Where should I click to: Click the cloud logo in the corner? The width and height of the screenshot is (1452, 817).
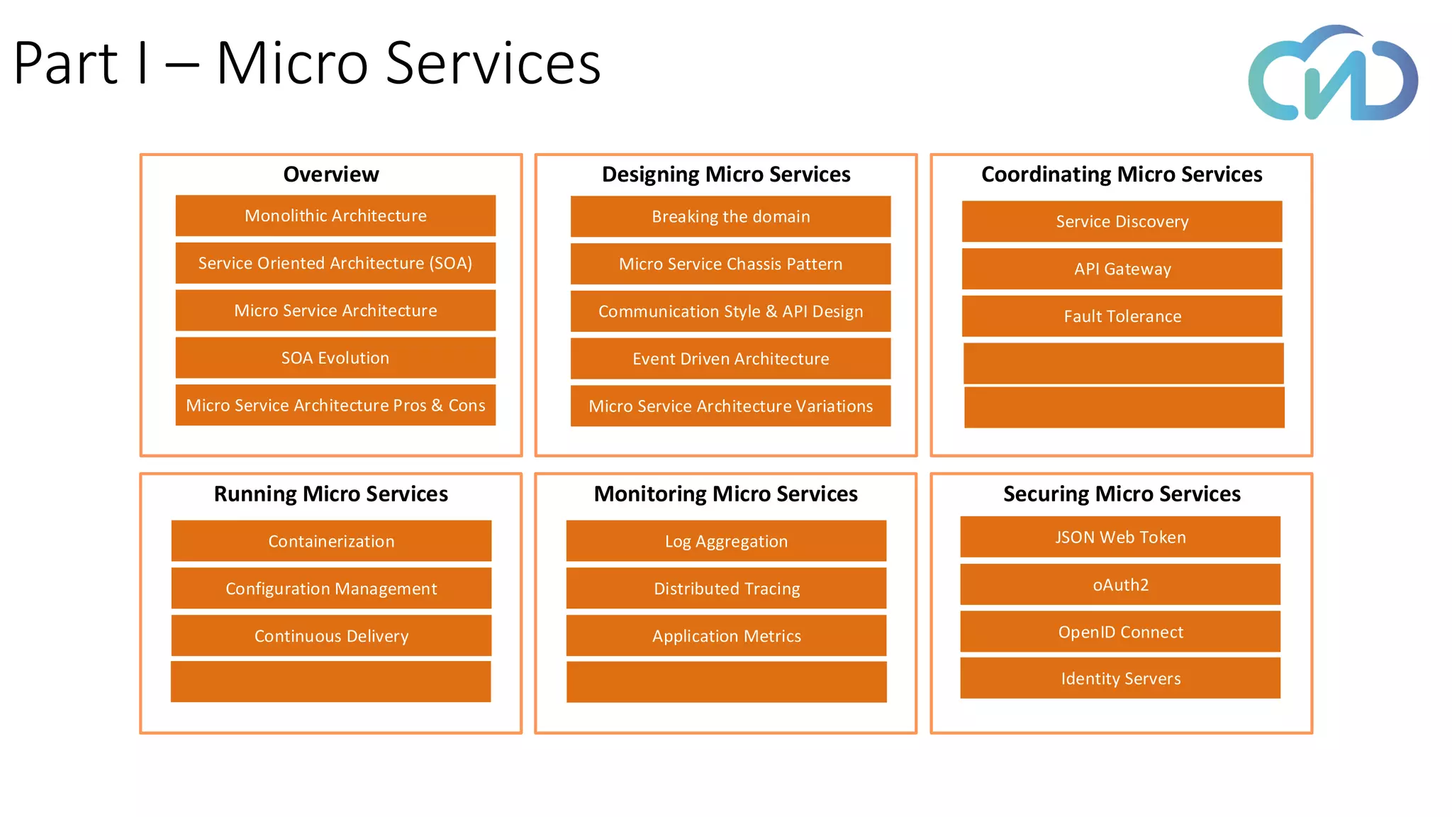(1333, 74)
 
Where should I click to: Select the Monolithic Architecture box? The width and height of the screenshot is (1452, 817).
(335, 216)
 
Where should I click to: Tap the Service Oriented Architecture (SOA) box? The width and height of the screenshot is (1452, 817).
(335, 263)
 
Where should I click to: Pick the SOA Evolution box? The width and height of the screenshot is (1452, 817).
(335, 358)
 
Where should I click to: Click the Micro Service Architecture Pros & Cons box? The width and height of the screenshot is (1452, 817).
(335, 406)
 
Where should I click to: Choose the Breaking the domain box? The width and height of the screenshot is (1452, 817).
(730, 217)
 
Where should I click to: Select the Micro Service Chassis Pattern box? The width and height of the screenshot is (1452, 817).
(730, 265)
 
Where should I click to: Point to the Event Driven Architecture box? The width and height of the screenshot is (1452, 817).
(730, 359)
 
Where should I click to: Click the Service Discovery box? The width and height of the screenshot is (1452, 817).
(1122, 222)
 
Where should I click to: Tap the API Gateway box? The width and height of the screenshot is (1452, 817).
(1122, 269)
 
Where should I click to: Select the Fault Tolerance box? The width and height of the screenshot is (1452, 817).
(1122, 316)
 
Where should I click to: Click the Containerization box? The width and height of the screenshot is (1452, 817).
(331, 542)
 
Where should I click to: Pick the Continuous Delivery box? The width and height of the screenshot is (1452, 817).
(331, 636)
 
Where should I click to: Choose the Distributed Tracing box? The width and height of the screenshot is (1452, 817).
(726, 589)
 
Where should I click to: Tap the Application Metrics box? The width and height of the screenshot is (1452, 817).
(726, 636)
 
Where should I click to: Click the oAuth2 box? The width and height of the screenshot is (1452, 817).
(1120, 585)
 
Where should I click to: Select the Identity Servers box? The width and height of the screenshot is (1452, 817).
(1120, 679)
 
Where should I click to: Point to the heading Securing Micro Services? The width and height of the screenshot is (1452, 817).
(1122, 494)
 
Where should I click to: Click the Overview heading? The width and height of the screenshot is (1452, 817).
(331, 174)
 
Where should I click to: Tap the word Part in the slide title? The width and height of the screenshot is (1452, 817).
(65, 64)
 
